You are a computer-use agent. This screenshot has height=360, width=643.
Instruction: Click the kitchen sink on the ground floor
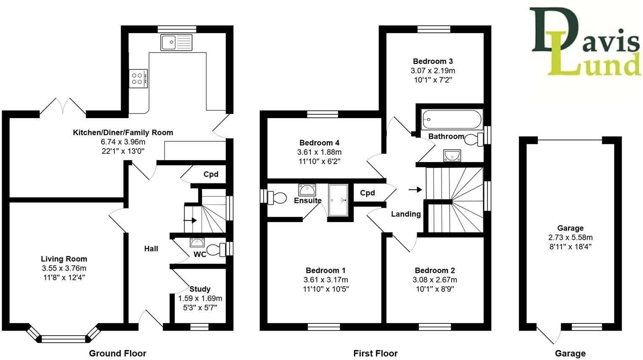tap(176, 42)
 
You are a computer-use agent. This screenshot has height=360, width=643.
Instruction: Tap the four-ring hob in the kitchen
tap(138, 78)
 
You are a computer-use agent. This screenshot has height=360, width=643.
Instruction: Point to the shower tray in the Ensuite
tap(338, 200)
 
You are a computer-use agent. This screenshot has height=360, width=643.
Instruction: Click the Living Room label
tap(64, 259)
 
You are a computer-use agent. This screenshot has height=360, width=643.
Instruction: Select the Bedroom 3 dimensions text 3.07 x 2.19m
tap(433, 71)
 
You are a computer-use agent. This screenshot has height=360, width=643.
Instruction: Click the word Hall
tap(151, 249)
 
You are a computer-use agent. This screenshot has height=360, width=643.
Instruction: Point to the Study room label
tap(200, 289)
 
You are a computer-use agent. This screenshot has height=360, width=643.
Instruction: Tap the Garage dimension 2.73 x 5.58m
tap(570, 237)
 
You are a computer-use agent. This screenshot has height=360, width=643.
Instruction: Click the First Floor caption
tap(375, 353)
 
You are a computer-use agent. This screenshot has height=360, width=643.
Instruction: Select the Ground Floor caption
tap(117, 353)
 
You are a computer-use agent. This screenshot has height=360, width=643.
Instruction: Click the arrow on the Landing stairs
tap(415, 190)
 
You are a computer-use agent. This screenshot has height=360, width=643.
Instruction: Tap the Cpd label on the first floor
tap(367, 193)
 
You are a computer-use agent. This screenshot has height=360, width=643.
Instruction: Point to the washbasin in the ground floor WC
tap(197, 243)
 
